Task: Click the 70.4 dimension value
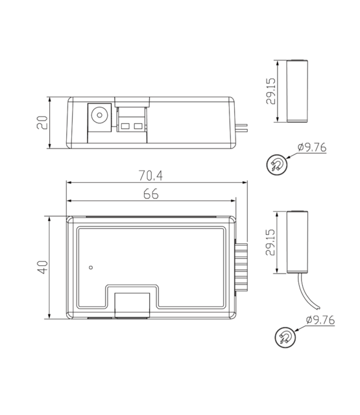click(151, 175)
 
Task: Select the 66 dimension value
click(151, 194)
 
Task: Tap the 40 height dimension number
click(42, 267)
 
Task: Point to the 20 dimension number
click(42, 122)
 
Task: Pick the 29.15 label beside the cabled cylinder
click(270, 242)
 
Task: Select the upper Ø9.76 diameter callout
click(311, 148)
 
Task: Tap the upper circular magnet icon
click(277, 165)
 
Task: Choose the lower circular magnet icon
click(284, 337)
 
